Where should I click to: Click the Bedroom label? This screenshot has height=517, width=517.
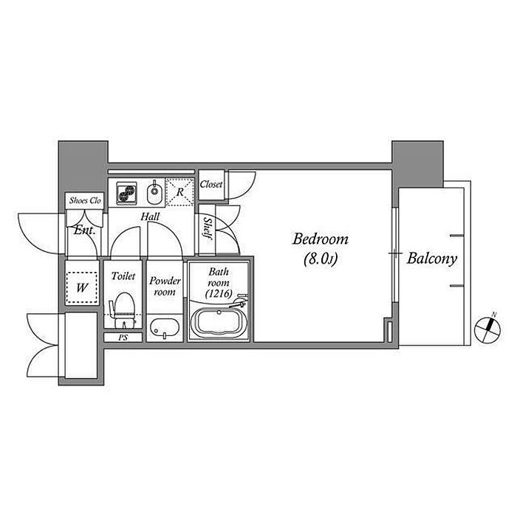click(x=320, y=239)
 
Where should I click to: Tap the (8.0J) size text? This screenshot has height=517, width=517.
click(x=321, y=258)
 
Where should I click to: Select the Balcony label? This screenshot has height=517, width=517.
click(x=431, y=258)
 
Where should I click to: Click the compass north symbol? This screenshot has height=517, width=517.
click(x=487, y=329)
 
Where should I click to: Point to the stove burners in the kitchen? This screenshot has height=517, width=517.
click(x=126, y=193)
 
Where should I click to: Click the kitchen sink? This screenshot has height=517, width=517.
click(x=154, y=193)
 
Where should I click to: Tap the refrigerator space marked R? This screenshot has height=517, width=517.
click(x=179, y=192)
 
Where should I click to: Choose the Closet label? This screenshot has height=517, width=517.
click(x=211, y=185)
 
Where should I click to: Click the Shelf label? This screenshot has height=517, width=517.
click(x=207, y=227)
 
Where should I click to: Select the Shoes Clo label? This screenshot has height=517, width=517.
click(x=85, y=200)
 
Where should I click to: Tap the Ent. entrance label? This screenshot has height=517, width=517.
click(x=84, y=230)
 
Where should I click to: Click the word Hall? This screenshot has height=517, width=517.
click(x=150, y=216)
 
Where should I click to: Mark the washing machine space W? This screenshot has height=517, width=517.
click(x=82, y=288)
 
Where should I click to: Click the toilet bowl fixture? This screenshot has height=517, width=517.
click(x=123, y=310)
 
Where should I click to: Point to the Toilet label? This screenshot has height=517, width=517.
click(x=123, y=275)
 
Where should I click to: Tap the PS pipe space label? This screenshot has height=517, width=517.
click(x=123, y=338)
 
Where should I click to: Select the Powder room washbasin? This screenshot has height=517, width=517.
click(x=165, y=329)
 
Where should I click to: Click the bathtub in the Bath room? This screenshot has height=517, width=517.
click(x=219, y=323)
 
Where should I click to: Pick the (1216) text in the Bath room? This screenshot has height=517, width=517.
click(x=219, y=293)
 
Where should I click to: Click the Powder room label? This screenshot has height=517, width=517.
click(x=165, y=287)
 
